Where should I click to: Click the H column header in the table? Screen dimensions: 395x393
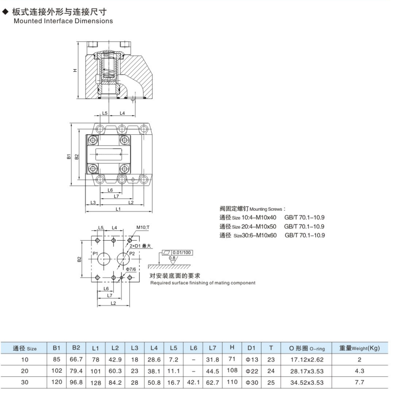coord(232,348)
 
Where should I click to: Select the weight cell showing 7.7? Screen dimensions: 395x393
coord(359,383)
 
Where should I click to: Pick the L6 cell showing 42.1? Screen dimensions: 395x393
coord(193,383)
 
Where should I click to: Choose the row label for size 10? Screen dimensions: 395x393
coord(25,359)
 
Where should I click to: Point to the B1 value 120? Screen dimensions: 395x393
coord(56,383)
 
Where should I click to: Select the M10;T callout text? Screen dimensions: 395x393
coord(143,227)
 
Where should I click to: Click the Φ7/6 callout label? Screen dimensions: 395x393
coord(131,269)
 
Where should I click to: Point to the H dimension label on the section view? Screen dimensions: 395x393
coord(75,70)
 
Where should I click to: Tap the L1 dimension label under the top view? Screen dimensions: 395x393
coord(118,209)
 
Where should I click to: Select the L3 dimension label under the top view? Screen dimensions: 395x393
coord(93,202)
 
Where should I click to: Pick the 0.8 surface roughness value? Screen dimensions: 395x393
coord(172,258)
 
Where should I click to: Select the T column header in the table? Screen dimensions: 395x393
coord(271,348)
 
